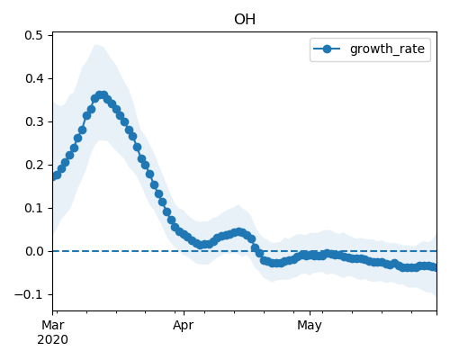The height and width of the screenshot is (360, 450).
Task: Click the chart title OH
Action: [245, 20]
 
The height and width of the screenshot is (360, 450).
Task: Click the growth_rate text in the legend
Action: [387, 49]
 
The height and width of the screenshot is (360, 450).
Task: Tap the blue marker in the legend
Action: [327, 49]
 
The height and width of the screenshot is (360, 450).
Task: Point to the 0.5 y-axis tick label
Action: [34, 35]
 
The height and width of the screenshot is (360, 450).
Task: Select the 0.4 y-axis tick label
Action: [34, 78]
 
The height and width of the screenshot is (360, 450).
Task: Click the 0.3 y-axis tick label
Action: [34, 121]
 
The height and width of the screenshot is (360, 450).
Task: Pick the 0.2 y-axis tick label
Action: [34, 165]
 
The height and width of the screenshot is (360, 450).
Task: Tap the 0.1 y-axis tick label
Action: [34, 208]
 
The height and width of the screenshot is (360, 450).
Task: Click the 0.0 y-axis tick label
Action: [34, 251]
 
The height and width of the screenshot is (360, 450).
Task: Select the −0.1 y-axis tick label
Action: [29, 294]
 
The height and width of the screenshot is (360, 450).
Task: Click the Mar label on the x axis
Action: [53, 325]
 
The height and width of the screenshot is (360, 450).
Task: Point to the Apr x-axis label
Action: [184, 326]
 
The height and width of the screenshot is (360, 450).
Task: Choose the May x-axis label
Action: [310, 326]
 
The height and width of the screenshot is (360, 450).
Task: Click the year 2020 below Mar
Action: [52, 340]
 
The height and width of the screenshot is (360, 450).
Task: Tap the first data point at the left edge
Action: [54, 176]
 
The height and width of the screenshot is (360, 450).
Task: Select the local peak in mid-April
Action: [238, 232]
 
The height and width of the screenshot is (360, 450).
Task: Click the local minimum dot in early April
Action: [202, 245]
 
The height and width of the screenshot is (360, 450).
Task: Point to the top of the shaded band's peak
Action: [95, 44]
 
